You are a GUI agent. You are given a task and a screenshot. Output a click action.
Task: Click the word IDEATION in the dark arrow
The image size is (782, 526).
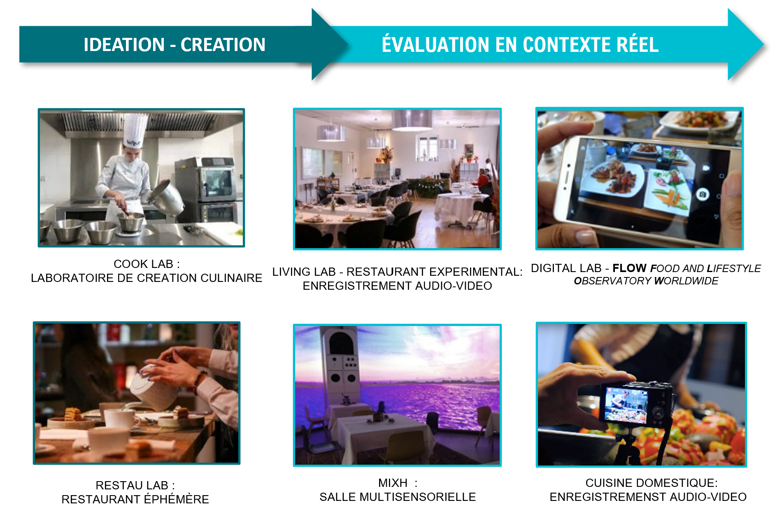(x=124, y=44)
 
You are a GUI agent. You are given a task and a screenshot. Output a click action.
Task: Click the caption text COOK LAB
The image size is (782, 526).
(x=143, y=264)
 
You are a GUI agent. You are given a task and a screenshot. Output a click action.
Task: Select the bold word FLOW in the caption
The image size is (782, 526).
(x=629, y=268)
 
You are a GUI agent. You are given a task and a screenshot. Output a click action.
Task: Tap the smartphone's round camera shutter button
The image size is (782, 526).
(x=702, y=194)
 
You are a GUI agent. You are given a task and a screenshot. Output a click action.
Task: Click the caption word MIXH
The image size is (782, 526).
(x=393, y=483)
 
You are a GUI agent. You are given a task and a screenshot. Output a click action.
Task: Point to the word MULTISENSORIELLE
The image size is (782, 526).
(x=417, y=497)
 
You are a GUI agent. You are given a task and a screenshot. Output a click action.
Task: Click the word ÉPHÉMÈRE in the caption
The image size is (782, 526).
(x=176, y=499)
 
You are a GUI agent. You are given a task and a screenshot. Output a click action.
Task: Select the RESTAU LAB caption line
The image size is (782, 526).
(x=135, y=486)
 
